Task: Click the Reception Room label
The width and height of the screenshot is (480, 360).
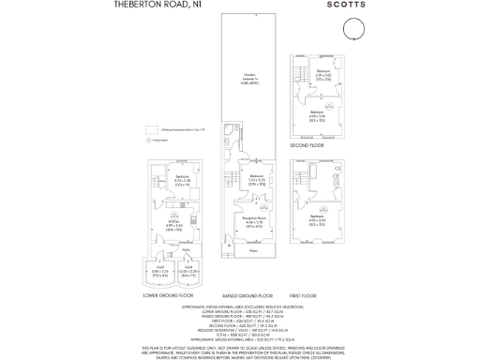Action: click(253, 219)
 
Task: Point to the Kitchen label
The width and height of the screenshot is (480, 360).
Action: click(173, 223)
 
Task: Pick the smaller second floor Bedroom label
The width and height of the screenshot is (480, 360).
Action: click(322, 71)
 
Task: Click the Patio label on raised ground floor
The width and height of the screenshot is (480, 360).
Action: click(253, 250)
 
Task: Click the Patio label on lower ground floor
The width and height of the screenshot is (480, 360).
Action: click(173, 249)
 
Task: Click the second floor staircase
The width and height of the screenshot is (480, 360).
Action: click(301, 73)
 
